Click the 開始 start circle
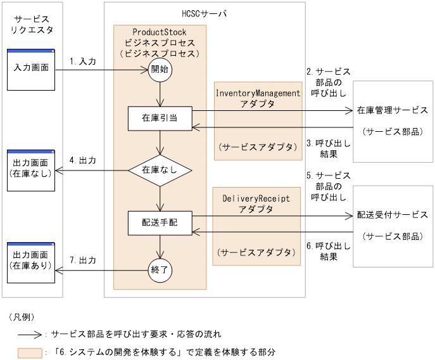[x=160, y=70]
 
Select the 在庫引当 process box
[x=160, y=119]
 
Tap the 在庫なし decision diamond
[x=160, y=170]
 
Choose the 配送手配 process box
[x=160, y=222]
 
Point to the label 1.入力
[x=83, y=61]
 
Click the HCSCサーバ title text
[x=204, y=13]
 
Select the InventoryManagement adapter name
[x=258, y=93]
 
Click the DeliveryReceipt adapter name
[x=256, y=198]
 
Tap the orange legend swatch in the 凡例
[x=30, y=350]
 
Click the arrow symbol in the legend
[x=30, y=333]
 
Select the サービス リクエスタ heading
[x=32, y=24]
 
